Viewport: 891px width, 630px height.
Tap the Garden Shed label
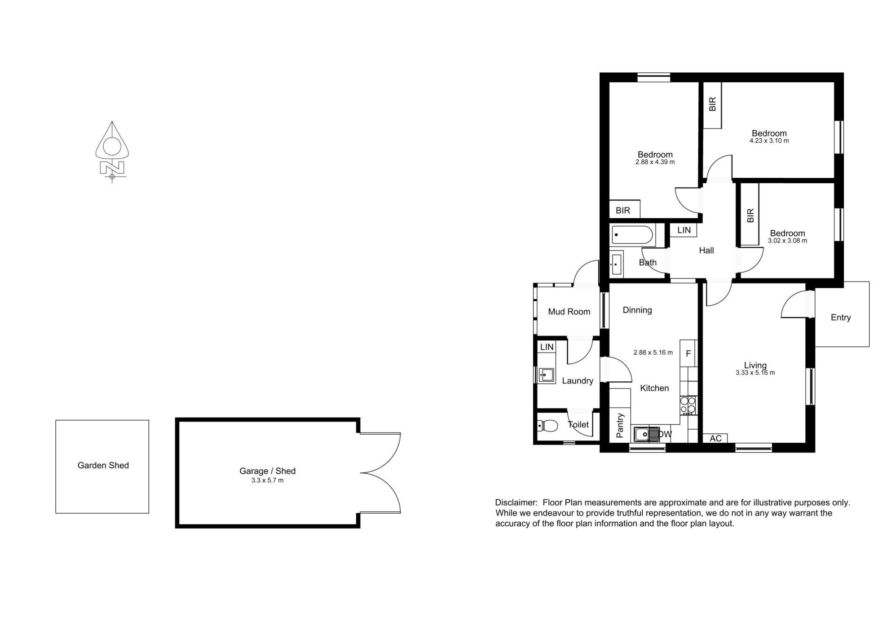point(103,466)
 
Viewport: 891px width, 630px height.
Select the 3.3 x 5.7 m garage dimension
point(268,480)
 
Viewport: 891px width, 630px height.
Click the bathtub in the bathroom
point(633,235)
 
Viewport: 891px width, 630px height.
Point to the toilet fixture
point(547,425)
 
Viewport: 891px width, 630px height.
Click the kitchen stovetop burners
point(688,405)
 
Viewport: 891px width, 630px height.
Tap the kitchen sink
point(647,434)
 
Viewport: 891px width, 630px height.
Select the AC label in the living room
point(715,438)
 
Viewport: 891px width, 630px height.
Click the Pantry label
point(620,426)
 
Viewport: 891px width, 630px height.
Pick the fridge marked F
point(688,354)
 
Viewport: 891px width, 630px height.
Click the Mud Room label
point(569,312)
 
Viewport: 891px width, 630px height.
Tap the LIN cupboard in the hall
point(684,230)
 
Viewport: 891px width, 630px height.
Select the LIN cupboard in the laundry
point(547,347)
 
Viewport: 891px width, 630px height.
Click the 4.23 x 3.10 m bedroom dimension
point(769,141)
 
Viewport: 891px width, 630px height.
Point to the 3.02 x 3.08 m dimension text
point(788,241)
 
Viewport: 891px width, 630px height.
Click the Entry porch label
point(841,318)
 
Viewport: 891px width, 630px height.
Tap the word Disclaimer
point(516,503)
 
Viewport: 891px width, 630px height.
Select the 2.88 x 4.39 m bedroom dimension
point(655,162)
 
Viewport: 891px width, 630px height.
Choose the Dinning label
point(637,310)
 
